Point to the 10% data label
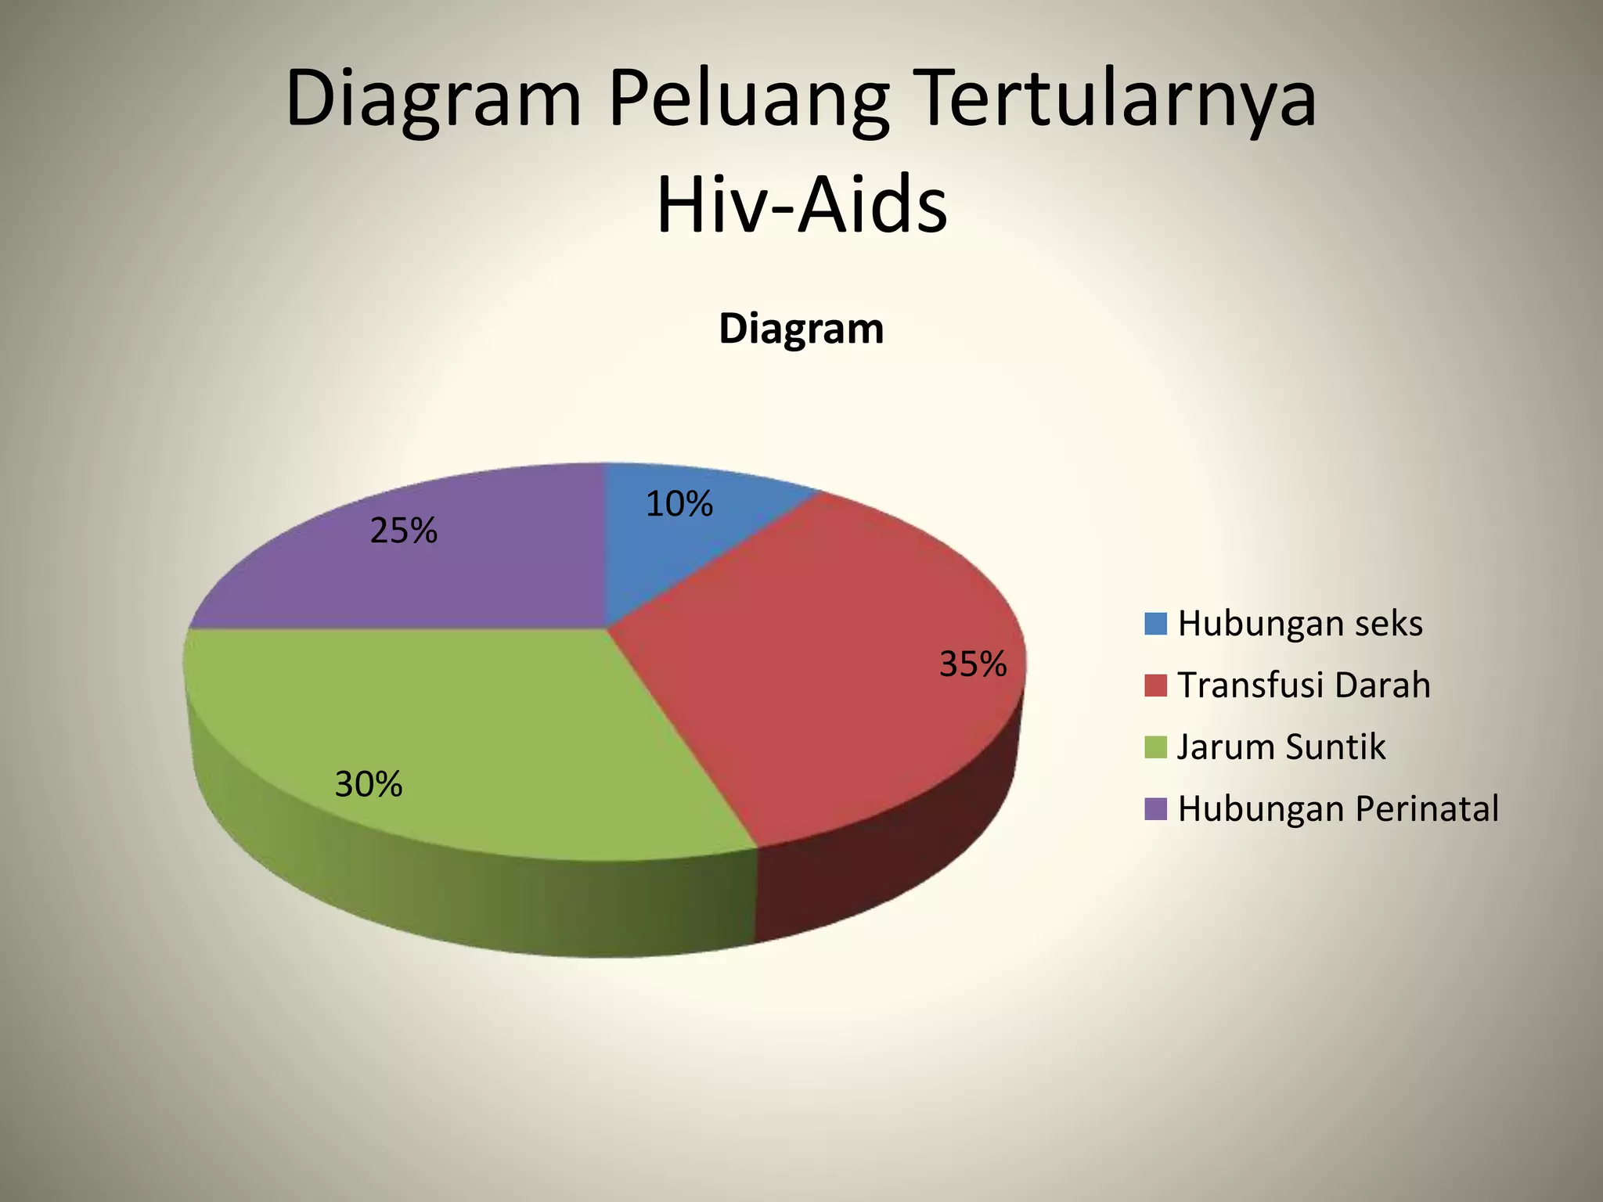click(x=679, y=504)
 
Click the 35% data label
click(x=972, y=664)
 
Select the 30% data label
click(x=368, y=783)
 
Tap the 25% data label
click(x=403, y=531)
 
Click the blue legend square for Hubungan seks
click(x=1155, y=624)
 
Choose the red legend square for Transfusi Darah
click(x=1155, y=686)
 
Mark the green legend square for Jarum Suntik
click(x=1155, y=747)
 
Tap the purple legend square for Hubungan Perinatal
click(x=1155, y=809)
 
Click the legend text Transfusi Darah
click(x=1304, y=686)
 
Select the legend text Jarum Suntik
click(x=1281, y=747)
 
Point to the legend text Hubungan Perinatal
click(x=1338, y=809)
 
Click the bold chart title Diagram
click(x=801, y=329)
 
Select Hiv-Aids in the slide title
click(x=801, y=206)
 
